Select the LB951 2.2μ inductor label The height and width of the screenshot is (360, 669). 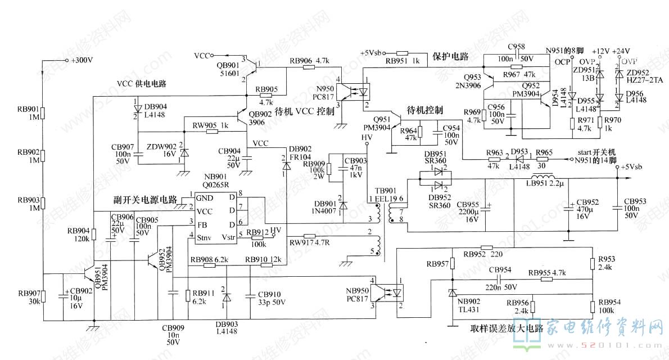pos(544,183)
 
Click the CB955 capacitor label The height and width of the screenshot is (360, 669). pos(468,204)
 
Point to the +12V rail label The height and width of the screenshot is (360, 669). pos(601,51)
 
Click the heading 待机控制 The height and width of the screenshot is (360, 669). pos(424,110)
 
